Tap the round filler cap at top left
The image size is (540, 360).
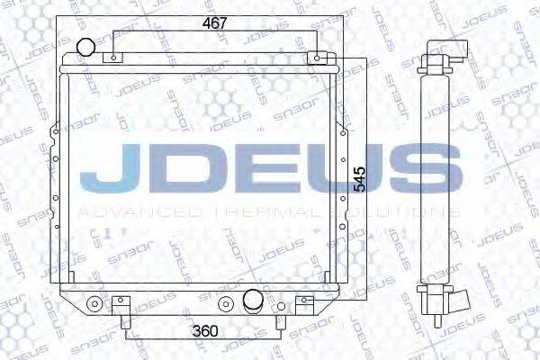coord(85,48)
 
